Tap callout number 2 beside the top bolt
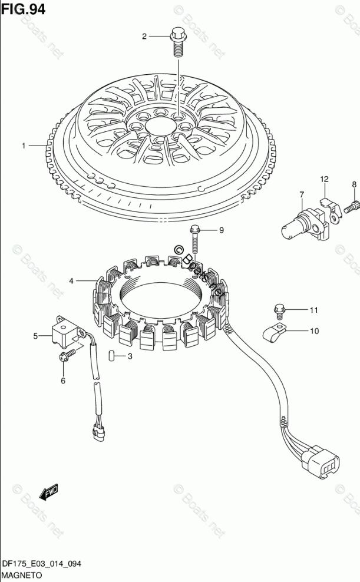[x=144, y=37]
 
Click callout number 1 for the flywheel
[x=24, y=145]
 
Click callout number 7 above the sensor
[x=301, y=195]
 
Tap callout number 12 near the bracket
[x=324, y=178]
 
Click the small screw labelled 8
[x=352, y=206]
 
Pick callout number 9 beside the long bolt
[x=222, y=230]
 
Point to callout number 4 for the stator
[x=71, y=281]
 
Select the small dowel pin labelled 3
[x=110, y=356]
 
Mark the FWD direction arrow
[x=49, y=490]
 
